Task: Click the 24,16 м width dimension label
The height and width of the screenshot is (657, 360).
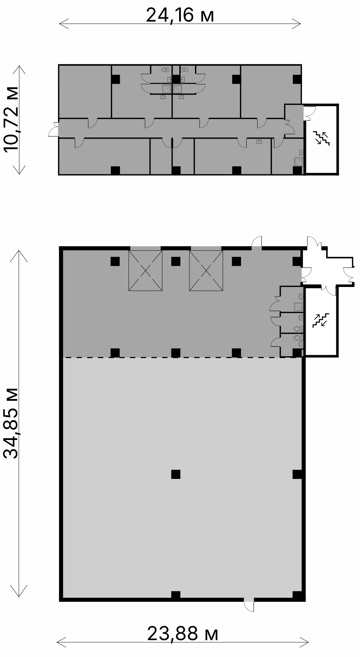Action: pyautogui.click(x=180, y=16)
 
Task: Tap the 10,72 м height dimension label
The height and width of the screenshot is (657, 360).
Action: pyautogui.click(x=11, y=119)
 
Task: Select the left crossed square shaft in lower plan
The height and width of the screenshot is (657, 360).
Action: pyautogui.click(x=146, y=271)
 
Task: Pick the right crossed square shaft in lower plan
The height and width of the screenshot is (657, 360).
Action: pyautogui.click(x=206, y=271)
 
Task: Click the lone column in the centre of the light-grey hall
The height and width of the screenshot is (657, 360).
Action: pyautogui.click(x=176, y=474)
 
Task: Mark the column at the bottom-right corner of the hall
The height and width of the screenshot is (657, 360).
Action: pyautogui.click(x=298, y=595)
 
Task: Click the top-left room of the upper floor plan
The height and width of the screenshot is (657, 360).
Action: pyautogui.click(x=85, y=91)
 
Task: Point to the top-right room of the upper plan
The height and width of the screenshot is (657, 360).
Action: pyautogui.click(x=271, y=91)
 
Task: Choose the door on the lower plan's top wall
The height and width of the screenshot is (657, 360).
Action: pyautogui.click(x=257, y=242)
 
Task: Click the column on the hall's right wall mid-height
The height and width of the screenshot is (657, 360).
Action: pyautogui.click(x=297, y=474)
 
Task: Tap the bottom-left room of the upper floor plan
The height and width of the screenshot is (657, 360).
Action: pyautogui.click(x=104, y=156)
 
